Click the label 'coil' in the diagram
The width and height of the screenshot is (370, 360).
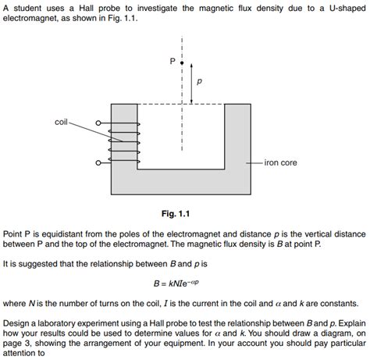point(62,122)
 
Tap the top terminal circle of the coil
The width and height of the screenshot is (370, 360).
point(98,123)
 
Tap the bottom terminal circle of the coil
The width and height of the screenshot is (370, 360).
point(98,163)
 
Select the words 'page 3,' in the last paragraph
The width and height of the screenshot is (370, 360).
point(18,342)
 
